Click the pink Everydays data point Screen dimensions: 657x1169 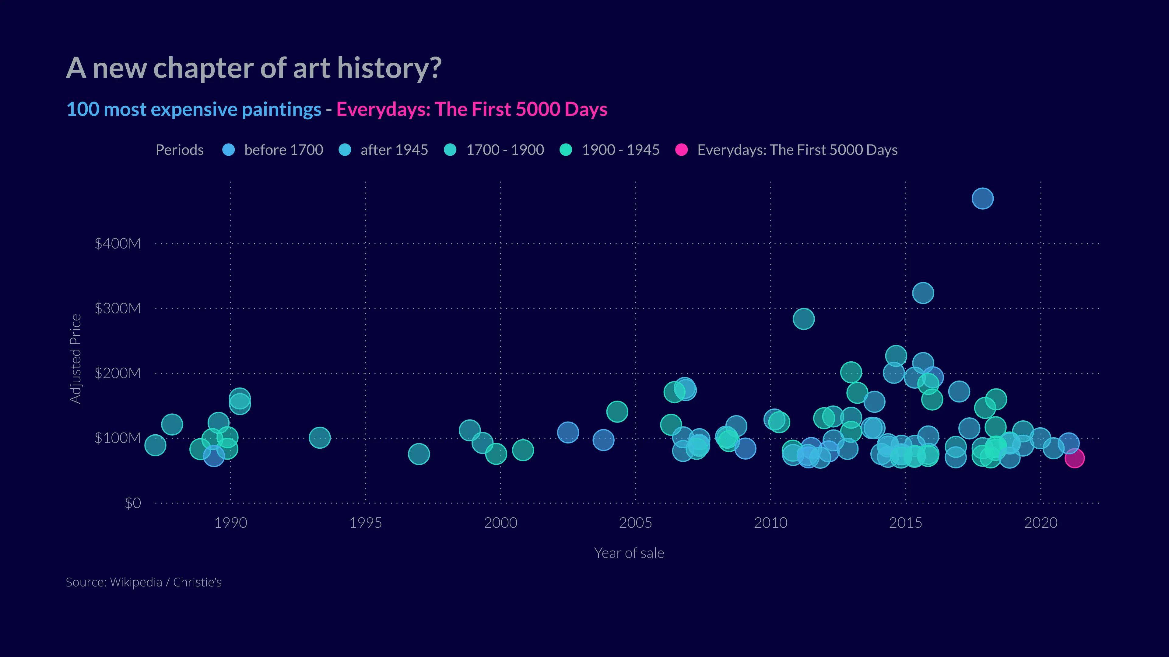coord(1074,458)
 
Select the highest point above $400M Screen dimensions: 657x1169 coord(982,199)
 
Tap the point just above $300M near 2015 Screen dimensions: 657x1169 coord(923,293)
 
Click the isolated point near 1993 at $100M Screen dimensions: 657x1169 coord(319,438)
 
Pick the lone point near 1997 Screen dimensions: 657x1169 coord(418,454)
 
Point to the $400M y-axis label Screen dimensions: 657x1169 coord(118,243)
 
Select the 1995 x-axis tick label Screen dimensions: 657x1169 coord(365,523)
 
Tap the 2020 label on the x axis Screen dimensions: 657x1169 coord(1040,523)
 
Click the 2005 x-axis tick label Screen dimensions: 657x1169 coord(635,523)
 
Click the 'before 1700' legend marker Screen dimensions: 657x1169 coord(229,150)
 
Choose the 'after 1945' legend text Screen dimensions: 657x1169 coord(394,150)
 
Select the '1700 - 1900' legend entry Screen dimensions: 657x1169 coord(505,150)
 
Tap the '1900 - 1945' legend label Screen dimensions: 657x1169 coord(620,150)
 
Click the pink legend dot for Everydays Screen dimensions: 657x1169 coord(681,150)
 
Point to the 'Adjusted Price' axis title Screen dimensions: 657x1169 coord(75,359)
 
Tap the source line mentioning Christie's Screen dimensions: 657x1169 coord(143,582)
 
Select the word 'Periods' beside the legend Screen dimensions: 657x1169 coord(179,150)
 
